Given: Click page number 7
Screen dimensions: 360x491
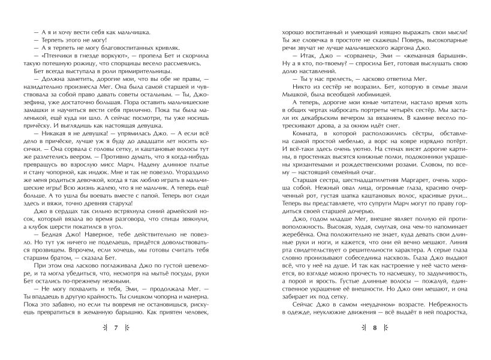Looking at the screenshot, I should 118,344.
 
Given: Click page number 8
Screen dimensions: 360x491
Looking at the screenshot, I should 373,344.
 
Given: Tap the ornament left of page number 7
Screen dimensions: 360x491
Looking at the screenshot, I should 105,344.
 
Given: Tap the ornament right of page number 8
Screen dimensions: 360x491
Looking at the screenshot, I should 385,344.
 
